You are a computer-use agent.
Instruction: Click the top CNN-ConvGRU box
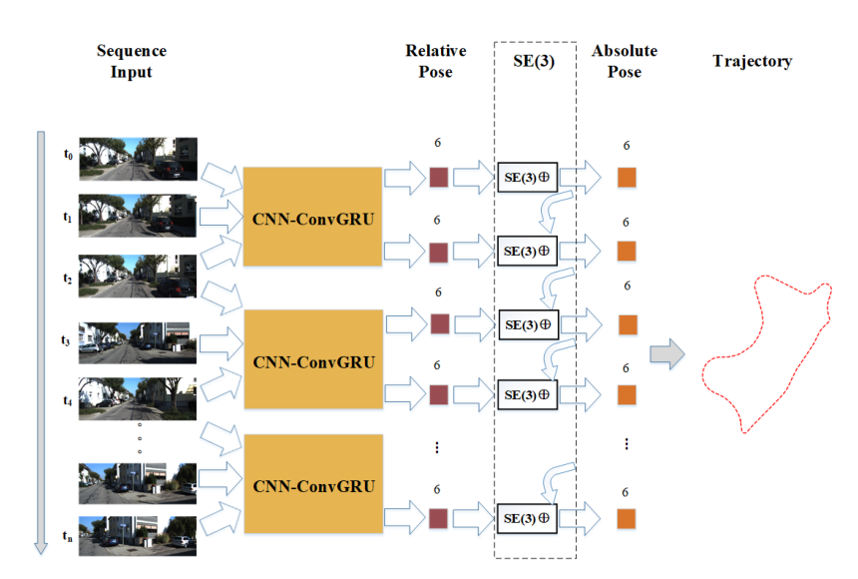coord(312,217)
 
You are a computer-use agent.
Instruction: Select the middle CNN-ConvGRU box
coord(313,359)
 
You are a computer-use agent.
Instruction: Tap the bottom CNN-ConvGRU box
coord(313,484)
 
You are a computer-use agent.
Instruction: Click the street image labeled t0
coord(139,159)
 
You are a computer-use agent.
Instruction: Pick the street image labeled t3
coord(138,343)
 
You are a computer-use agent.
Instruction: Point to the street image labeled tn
coord(138,536)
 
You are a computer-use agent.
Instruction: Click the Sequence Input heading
coord(132,61)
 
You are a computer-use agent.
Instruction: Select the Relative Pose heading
coord(436,61)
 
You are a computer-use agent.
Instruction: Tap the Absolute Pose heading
coord(625,61)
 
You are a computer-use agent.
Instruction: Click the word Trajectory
coord(752,61)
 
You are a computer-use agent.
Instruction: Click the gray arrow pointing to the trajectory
coord(667,353)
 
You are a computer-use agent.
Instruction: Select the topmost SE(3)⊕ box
coord(528,177)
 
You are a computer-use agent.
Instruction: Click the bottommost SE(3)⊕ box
coord(527,518)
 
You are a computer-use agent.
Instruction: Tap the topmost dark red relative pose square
coord(439,177)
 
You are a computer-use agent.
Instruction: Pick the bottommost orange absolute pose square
coord(627,519)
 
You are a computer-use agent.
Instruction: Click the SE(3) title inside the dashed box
coord(534,61)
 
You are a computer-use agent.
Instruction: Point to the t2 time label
coord(67,279)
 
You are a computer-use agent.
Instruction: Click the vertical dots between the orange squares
coord(627,443)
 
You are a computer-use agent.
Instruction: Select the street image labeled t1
coord(138,216)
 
